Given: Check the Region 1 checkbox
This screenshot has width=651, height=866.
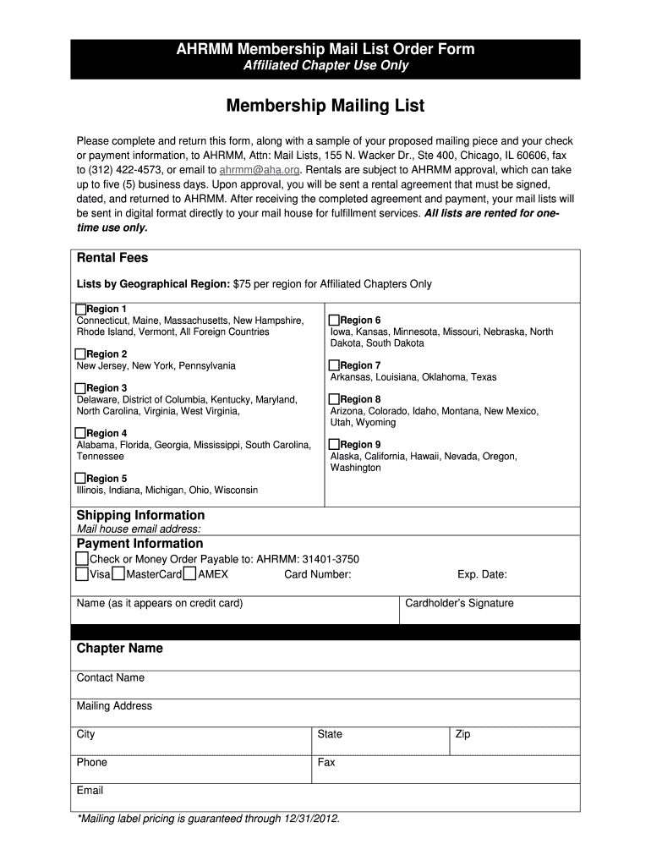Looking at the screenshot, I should tap(81, 309).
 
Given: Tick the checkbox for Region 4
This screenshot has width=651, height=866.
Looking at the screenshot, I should tap(81, 433).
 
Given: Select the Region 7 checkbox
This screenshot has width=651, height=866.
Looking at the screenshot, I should tap(334, 365).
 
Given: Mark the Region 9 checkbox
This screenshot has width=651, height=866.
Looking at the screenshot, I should tap(334, 444).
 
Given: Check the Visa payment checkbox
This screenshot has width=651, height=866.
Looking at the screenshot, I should tap(81, 574).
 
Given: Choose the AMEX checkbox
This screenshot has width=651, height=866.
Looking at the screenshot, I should tap(190, 574).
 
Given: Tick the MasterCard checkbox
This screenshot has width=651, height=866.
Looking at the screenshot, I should tap(119, 574).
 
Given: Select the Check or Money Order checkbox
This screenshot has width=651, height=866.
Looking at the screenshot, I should tap(81, 559).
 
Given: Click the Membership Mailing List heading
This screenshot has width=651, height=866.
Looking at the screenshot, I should tap(325, 107).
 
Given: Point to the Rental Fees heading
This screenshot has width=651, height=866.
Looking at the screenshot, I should tap(112, 258).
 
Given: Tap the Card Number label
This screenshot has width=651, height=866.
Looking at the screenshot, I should tap(317, 575).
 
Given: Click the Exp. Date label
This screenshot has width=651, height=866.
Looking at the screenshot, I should tap(482, 575).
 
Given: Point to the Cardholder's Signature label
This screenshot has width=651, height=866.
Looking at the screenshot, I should tap(459, 603).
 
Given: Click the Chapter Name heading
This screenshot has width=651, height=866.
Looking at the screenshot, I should tap(119, 649).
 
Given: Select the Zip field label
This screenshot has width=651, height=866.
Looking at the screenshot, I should tap(462, 734).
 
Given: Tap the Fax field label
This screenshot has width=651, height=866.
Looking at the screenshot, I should tap(326, 762).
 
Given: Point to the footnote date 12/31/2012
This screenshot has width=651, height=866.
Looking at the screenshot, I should tap(310, 819).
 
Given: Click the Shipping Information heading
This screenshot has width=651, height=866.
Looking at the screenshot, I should tap(140, 515).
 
